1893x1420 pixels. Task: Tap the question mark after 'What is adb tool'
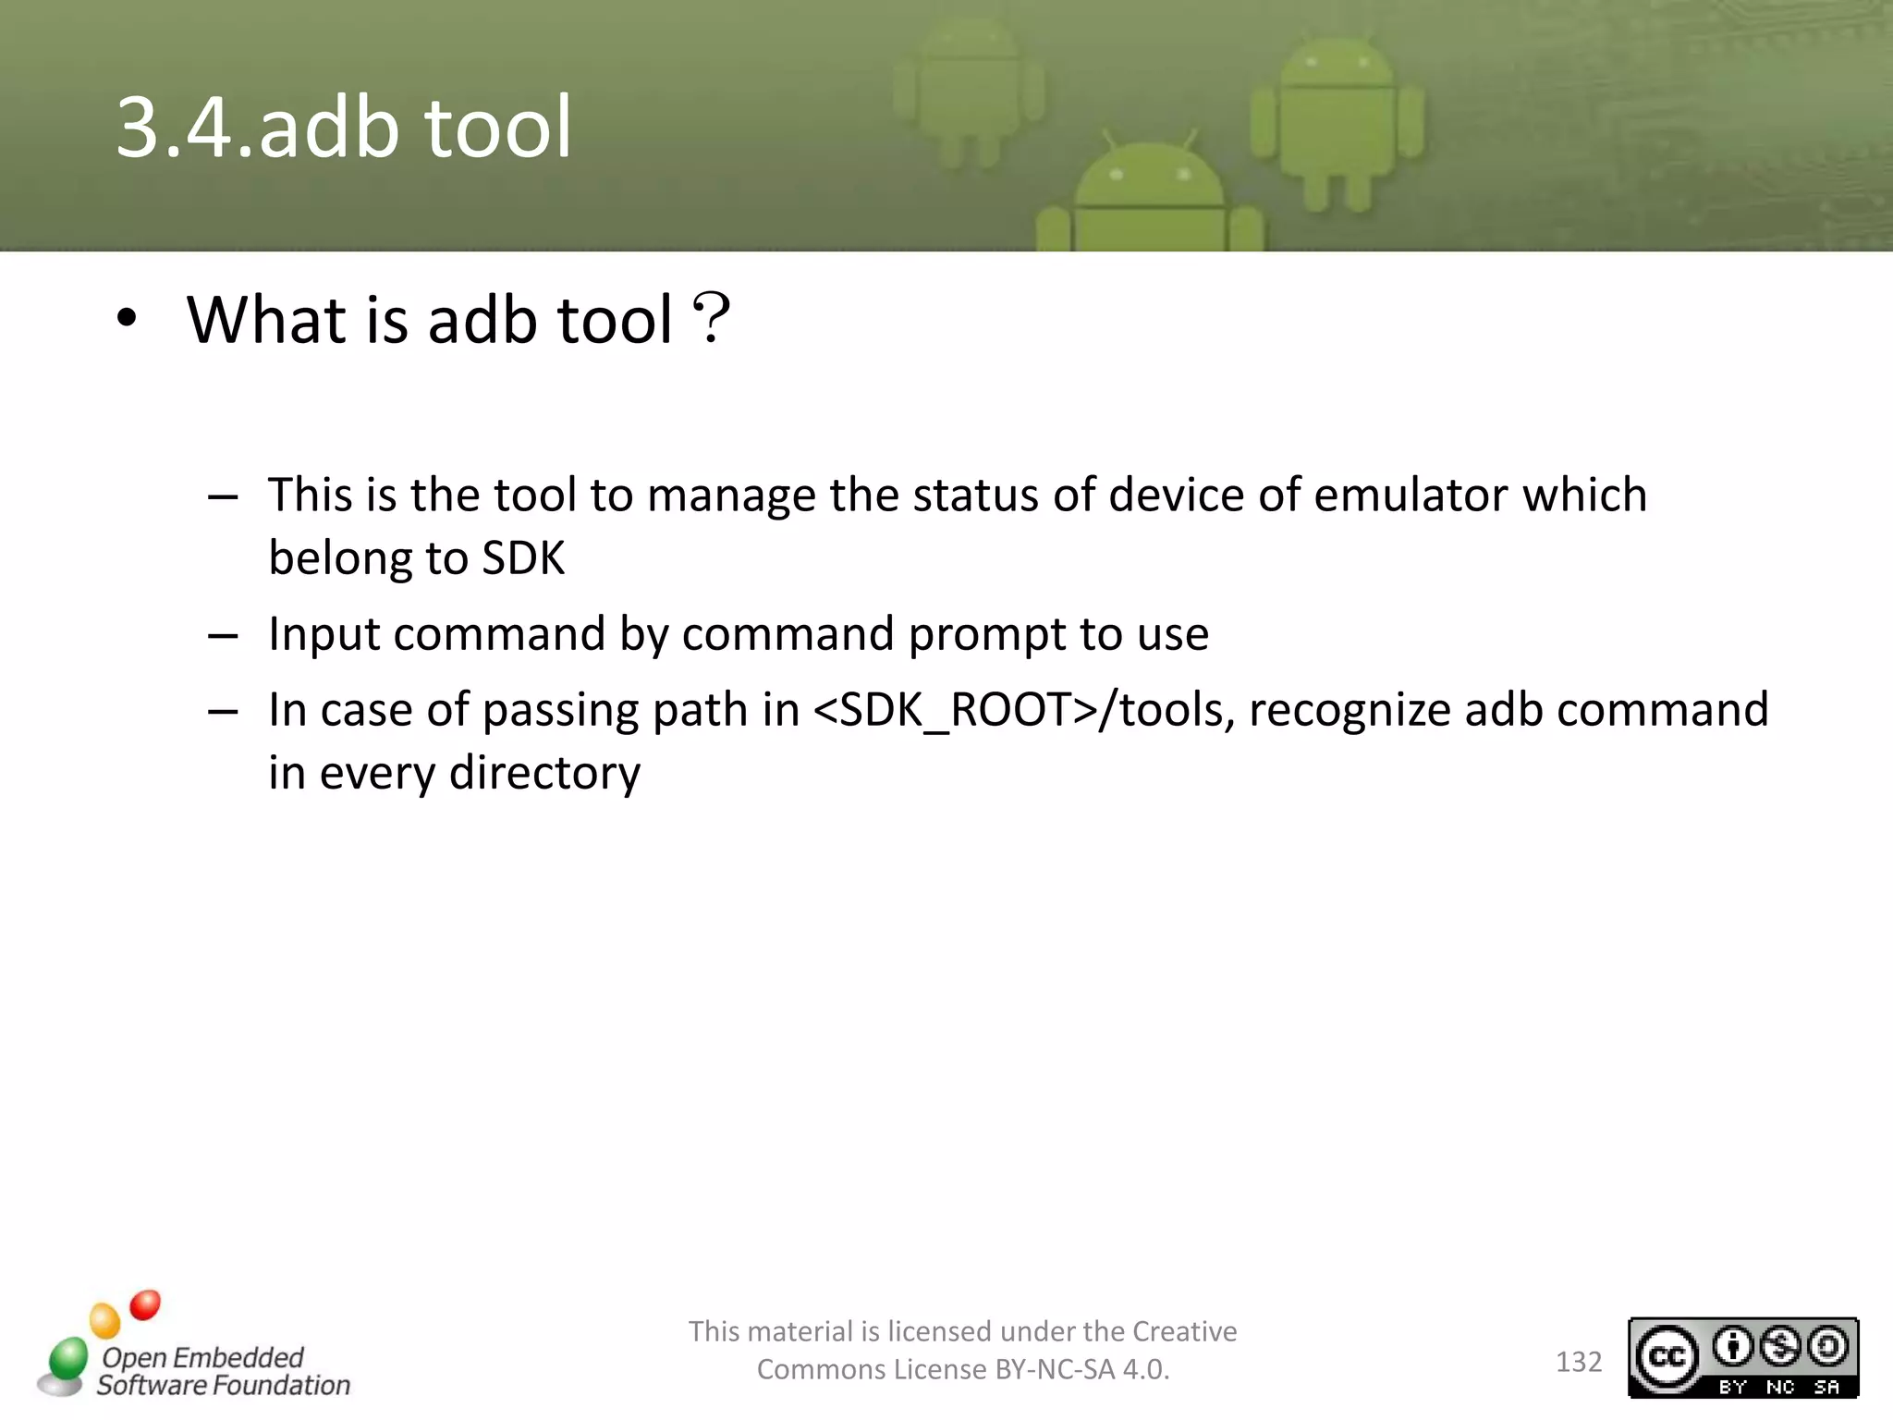(x=711, y=319)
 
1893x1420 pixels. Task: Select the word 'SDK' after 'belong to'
(x=523, y=558)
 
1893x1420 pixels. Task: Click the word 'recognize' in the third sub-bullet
(x=1349, y=710)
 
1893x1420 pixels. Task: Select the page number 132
(x=1578, y=1362)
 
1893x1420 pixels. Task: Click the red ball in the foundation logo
(x=145, y=1304)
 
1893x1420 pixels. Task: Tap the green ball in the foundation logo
(x=67, y=1359)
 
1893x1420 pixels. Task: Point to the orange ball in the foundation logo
(x=104, y=1320)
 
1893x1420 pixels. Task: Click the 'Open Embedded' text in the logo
(x=202, y=1357)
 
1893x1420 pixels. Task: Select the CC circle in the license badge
(x=1667, y=1357)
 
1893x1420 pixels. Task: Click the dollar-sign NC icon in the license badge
(x=1779, y=1347)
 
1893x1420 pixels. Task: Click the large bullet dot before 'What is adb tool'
(x=127, y=319)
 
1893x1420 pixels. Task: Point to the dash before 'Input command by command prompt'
(x=223, y=636)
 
